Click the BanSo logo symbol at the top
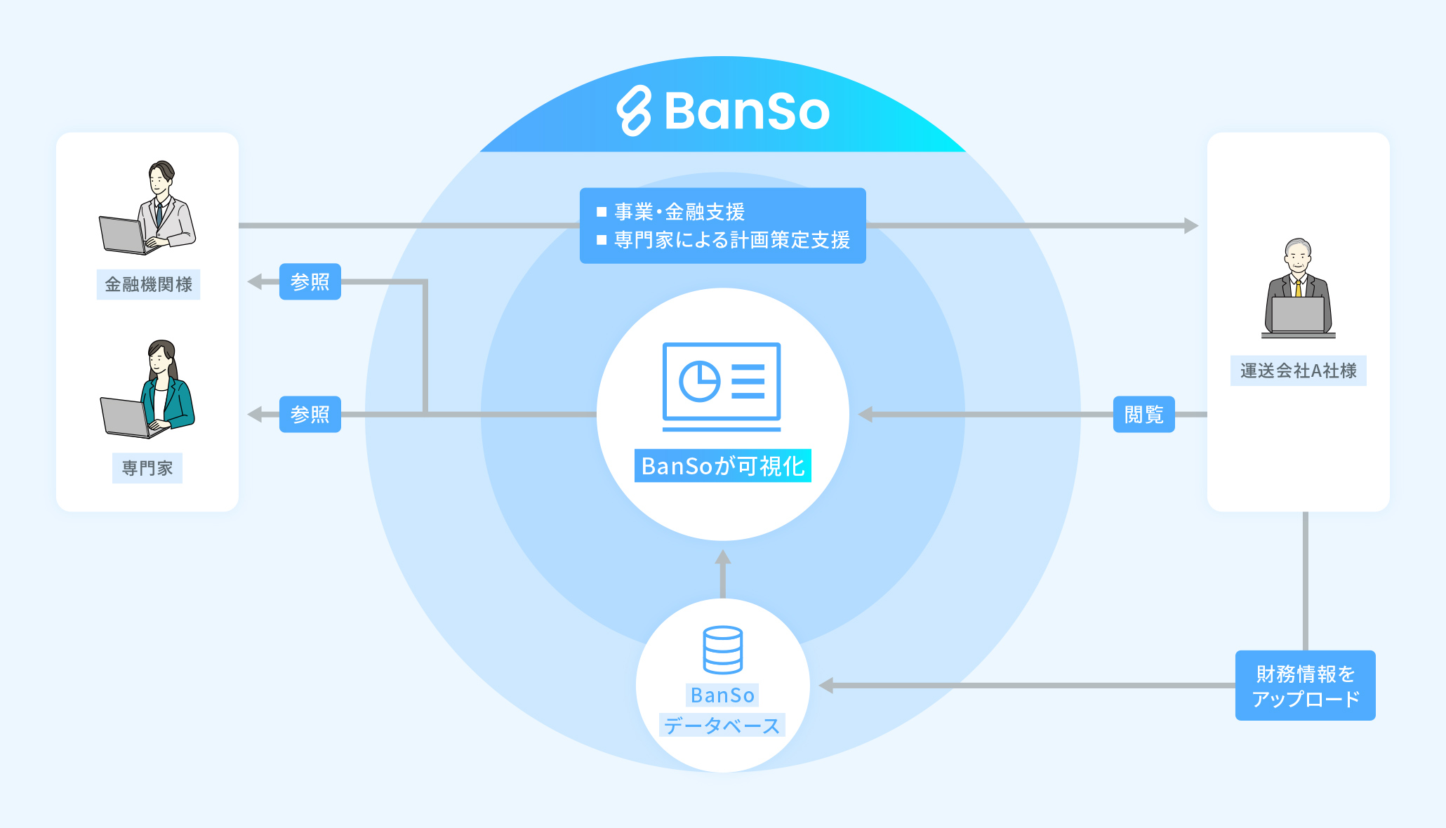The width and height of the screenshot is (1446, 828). point(634,111)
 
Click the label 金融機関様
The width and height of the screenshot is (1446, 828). point(148,284)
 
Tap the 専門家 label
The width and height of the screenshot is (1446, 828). point(147,468)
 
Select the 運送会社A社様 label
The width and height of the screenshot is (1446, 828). point(1298,370)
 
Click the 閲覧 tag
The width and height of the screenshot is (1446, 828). point(1143,415)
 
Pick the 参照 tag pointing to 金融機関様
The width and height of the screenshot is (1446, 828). point(310,281)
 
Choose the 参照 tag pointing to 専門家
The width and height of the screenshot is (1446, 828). point(310,414)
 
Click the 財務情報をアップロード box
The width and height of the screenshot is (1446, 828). point(1305,686)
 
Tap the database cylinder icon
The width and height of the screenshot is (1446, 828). point(722,650)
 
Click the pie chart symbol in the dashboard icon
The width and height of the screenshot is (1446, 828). point(699,382)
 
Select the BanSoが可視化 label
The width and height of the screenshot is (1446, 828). point(722,466)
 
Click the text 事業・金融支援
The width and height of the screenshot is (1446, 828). point(679,211)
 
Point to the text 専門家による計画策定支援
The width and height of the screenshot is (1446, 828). point(732,240)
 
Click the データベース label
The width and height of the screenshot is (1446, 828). point(722,726)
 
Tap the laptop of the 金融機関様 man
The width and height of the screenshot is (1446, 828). point(122,235)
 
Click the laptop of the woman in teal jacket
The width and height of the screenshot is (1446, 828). point(125,416)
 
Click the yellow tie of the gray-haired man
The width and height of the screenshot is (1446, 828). point(1299,288)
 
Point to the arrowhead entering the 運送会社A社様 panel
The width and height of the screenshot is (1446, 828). point(1190,226)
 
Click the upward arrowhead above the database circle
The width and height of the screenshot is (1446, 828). point(723,557)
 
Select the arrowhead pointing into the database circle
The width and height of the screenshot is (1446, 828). point(827,686)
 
